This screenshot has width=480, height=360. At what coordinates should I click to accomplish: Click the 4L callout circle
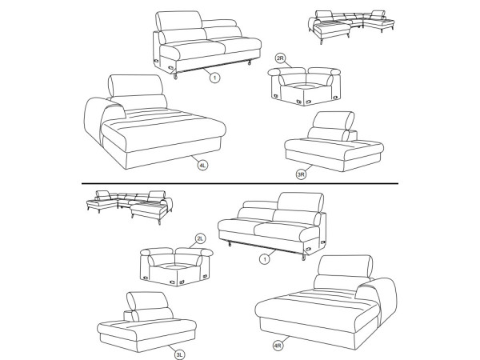pos(202,166)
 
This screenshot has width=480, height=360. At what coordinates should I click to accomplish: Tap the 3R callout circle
pos(302,174)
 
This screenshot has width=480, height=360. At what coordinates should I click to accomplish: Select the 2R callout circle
pos(280,58)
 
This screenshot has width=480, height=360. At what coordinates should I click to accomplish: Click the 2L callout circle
pos(200,238)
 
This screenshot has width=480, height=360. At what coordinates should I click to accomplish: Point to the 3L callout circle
pos(180,354)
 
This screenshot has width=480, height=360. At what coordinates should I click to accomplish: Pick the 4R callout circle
pos(278,346)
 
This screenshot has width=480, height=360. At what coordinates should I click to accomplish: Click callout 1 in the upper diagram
pos(214,78)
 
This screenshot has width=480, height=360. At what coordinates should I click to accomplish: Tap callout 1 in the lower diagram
pos(265,259)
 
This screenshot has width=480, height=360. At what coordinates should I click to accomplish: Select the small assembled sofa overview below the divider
pos(130,207)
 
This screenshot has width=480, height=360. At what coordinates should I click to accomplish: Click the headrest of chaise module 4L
pos(136,86)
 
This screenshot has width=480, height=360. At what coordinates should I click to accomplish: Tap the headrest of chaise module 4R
pos(345,266)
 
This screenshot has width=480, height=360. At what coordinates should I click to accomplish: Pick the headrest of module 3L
pos(147,301)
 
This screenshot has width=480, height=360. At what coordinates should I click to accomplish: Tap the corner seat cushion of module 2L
pos(177,266)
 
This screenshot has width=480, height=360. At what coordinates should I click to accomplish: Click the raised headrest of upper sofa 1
pos(178,21)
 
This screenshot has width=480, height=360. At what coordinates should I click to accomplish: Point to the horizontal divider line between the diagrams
pos(240,184)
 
